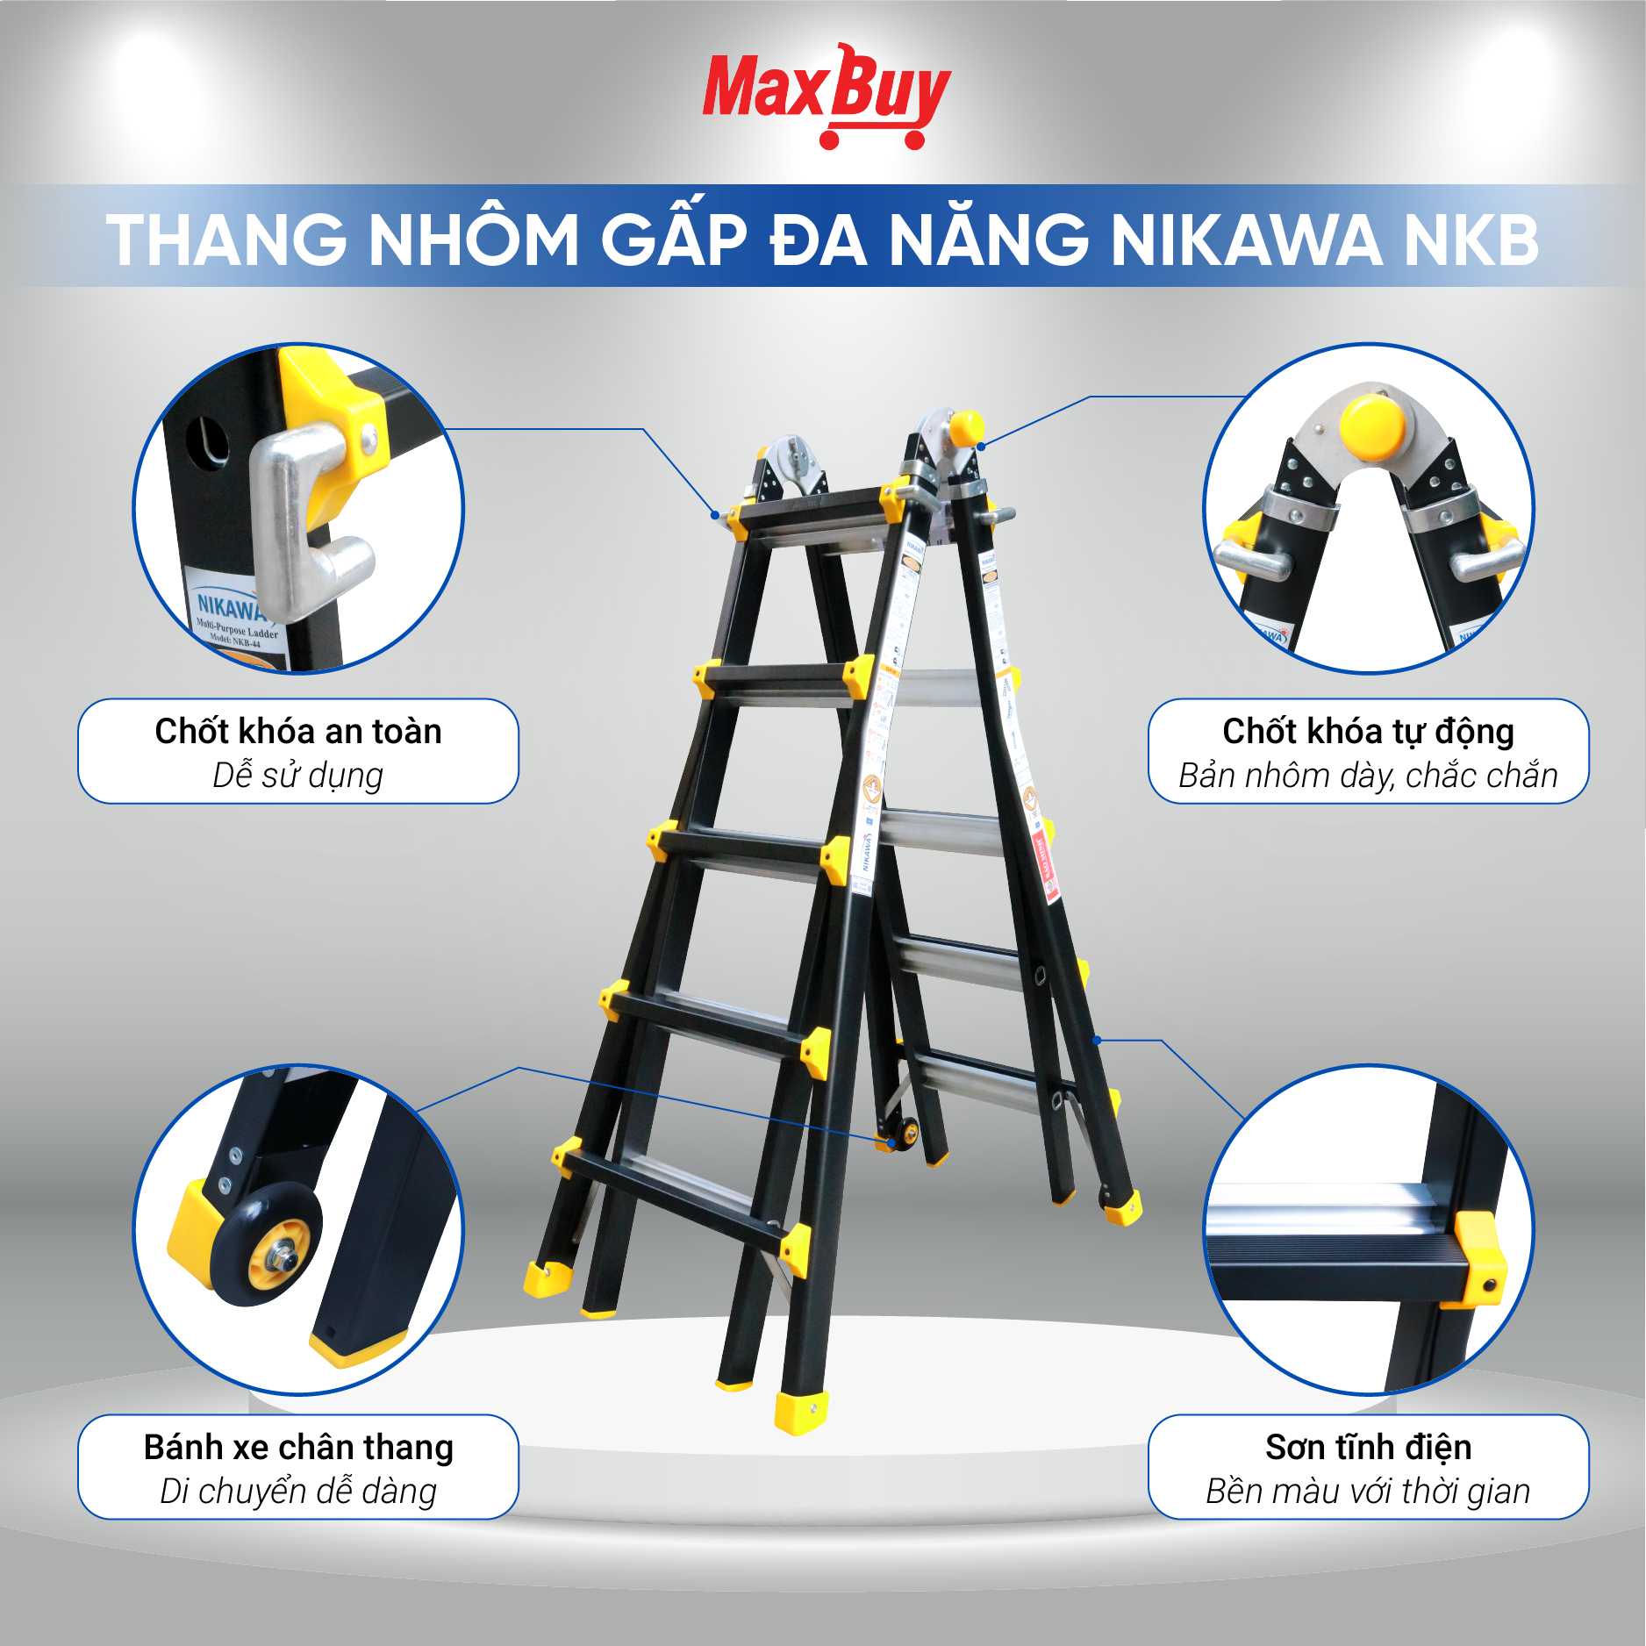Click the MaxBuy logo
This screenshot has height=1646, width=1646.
pyautogui.click(x=826, y=95)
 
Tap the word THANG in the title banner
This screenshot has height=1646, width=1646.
pyautogui.click(x=226, y=240)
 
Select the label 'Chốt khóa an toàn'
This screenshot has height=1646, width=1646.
pyautogui.click(x=298, y=731)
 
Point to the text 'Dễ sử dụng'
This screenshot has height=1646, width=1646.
pyautogui.click(x=298, y=776)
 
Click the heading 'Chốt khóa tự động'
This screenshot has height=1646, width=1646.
pyautogui.click(x=1368, y=731)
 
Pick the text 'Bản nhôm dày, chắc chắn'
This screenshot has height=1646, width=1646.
pyautogui.click(x=1368, y=776)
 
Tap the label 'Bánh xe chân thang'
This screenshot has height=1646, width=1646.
pyautogui.click(x=298, y=1447)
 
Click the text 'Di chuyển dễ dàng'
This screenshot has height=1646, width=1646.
pyautogui.click(x=298, y=1492)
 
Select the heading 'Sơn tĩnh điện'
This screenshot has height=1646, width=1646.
pyautogui.click(x=1368, y=1447)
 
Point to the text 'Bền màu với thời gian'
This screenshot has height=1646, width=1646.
pyautogui.click(x=1368, y=1492)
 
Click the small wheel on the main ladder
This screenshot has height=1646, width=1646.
pyautogui.click(x=905, y=1133)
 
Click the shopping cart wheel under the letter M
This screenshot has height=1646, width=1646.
pyautogui.click(x=828, y=140)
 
